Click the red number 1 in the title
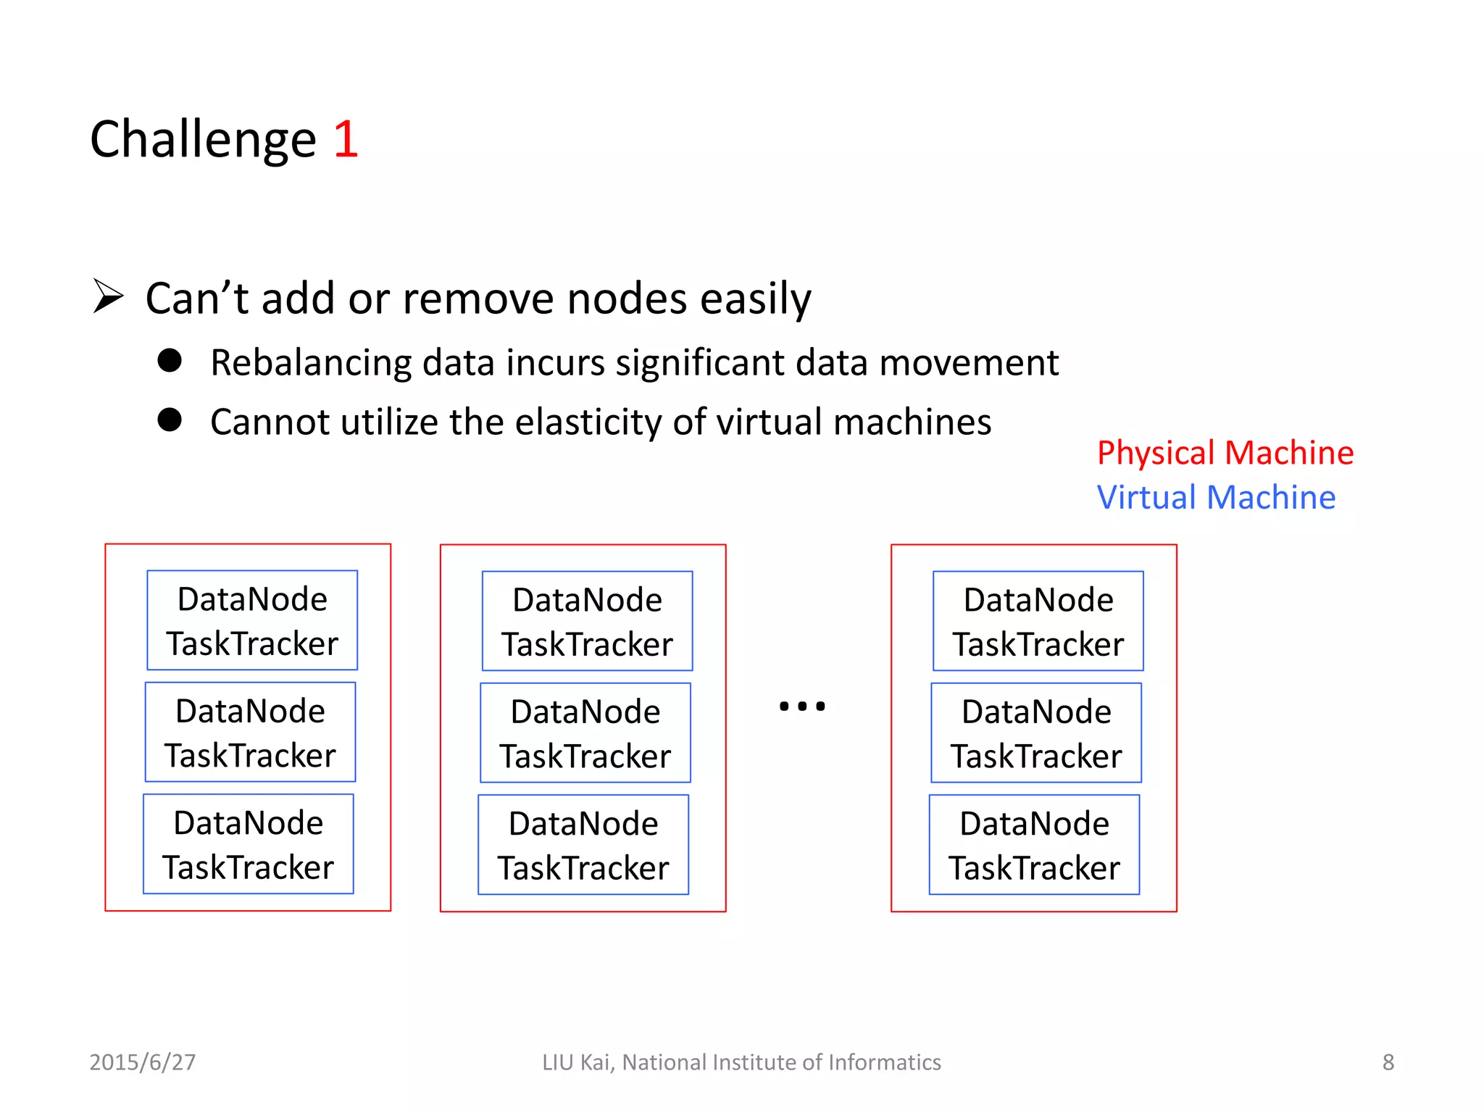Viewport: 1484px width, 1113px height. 346,139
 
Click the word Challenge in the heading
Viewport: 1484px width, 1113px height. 203,139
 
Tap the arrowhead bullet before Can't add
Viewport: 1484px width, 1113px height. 109,296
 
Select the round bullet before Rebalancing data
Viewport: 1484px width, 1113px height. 170,360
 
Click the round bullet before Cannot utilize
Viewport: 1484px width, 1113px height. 170,420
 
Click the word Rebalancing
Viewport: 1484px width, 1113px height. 310,362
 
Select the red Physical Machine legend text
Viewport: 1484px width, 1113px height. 1225,453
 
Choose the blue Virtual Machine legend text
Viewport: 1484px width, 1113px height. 1216,498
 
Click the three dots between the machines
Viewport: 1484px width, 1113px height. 801,706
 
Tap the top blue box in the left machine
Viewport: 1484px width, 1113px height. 252,620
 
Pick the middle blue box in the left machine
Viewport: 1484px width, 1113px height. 250,732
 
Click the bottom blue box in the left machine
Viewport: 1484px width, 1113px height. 249,844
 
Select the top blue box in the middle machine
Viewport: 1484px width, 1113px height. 587,621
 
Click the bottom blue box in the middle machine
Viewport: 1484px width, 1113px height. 583,845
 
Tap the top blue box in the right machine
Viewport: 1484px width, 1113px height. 1038,621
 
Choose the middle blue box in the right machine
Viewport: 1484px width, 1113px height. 1036,733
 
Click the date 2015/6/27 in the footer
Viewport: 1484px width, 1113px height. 143,1062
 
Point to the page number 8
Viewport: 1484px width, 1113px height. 1388,1062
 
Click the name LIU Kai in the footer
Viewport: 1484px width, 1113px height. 577,1062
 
